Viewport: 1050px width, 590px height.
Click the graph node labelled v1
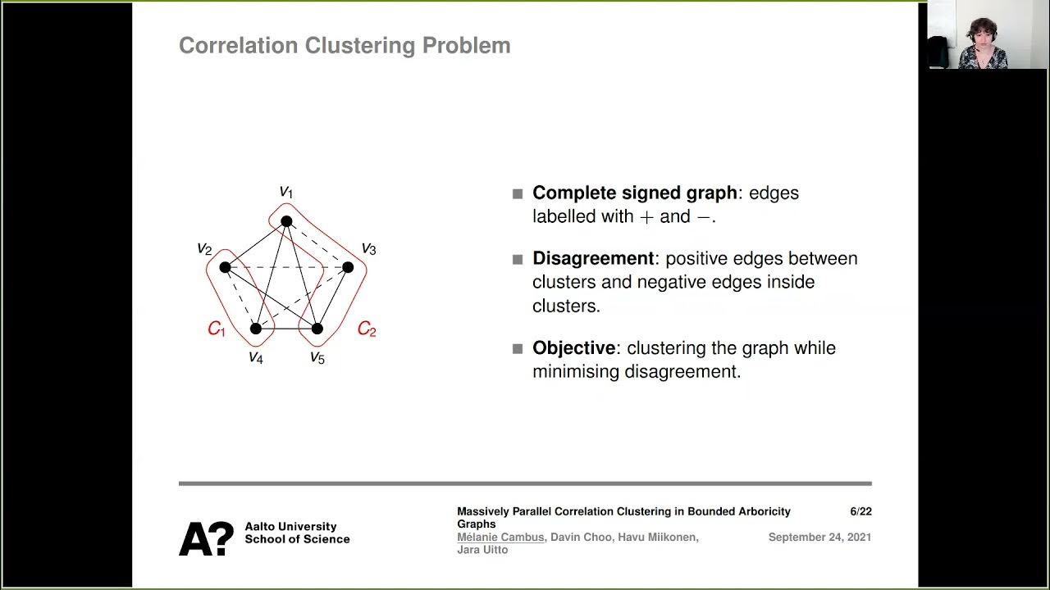(286, 221)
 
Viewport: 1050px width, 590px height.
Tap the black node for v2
(225, 267)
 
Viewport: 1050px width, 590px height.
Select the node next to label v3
(348, 267)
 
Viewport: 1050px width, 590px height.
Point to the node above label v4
(256, 329)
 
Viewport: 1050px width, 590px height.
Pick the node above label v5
(317, 329)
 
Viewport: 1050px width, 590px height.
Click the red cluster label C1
(216, 329)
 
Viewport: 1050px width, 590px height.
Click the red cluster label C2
(367, 330)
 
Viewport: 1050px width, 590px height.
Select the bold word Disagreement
(593, 259)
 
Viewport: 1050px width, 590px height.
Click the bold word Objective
(573, 348)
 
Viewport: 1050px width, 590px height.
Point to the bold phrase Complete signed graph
(634, 193)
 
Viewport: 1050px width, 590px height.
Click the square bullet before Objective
(518, 349)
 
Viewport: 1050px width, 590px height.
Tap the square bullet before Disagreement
(518, 260)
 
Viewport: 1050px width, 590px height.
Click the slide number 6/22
(861, 511)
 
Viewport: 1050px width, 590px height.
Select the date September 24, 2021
(819, 538)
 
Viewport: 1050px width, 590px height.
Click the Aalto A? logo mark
(206, 538)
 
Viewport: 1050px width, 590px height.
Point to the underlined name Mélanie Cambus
(500, 538)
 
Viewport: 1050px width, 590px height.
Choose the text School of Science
(297, 539)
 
